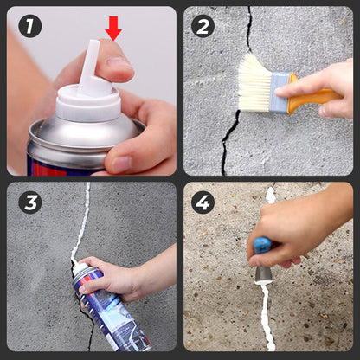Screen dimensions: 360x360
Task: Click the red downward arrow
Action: tap(113, 28)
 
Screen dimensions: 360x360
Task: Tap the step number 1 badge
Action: tap(29, 26)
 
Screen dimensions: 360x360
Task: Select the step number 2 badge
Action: tap(202, 26)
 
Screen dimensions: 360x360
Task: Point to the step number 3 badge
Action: tap(29, 202)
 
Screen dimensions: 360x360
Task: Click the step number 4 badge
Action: tap(202, 202)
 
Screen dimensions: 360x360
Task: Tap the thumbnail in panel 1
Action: tap(122, 164)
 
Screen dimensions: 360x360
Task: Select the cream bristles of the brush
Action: tap(254, 83)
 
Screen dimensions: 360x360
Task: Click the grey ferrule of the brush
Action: tap(280, 93)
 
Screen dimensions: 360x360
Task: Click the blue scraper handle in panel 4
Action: tap(261, 245)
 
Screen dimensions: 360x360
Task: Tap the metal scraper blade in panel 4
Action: tap(263, 274)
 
